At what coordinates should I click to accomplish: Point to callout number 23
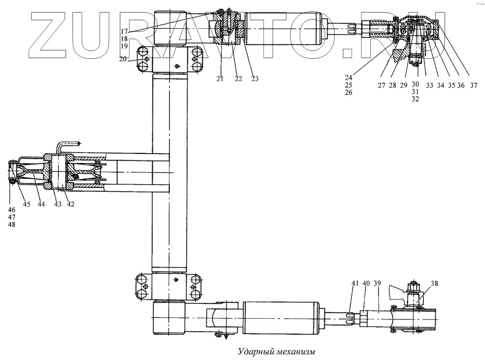(255, 79)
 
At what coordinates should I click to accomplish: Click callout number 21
(219, 79)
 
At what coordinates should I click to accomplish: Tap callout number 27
(381, 85)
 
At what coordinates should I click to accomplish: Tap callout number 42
(70, 204)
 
